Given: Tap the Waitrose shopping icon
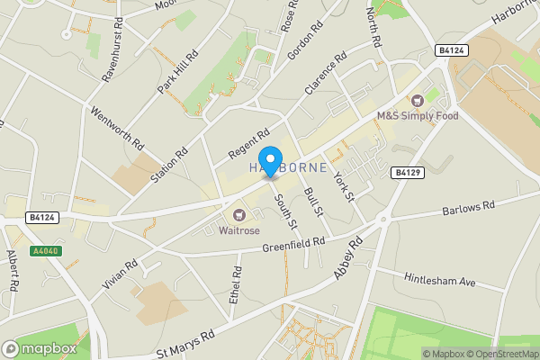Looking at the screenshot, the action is (239, 214).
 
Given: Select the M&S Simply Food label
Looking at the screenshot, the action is (418, 116).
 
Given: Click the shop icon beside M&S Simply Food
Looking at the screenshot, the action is (418, 101).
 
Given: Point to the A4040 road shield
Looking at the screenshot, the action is (47, 251).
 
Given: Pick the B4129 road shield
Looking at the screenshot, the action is (407, 171).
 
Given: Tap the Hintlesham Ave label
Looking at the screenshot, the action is (439, 281).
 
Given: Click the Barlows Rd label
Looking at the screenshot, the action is (469, 208).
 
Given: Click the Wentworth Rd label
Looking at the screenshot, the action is (117, 128).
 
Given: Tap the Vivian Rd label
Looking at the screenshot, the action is (120, 272).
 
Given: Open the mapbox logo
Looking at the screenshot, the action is (40, 348).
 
